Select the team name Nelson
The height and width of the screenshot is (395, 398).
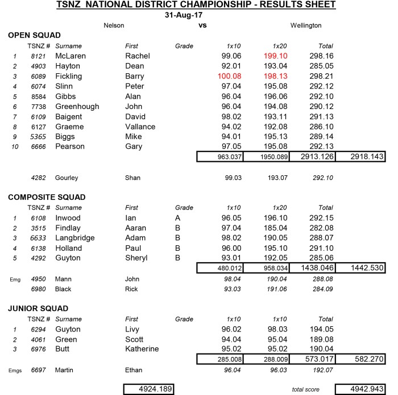click(114, 26)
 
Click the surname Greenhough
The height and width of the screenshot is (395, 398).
click(77, 106)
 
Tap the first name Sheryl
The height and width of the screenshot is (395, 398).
click(136, 258)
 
